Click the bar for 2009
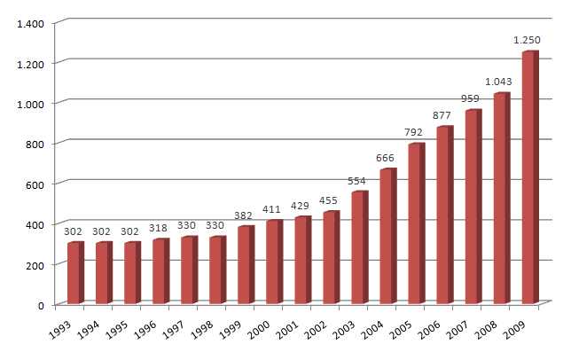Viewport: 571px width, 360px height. [529, 177]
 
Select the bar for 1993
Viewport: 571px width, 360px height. [74, 273]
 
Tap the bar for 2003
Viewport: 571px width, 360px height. [358, 248]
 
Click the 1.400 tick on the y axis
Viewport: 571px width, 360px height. [30, 22]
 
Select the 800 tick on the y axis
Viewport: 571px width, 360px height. [35, 144]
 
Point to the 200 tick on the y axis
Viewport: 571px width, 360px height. [35, 265]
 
